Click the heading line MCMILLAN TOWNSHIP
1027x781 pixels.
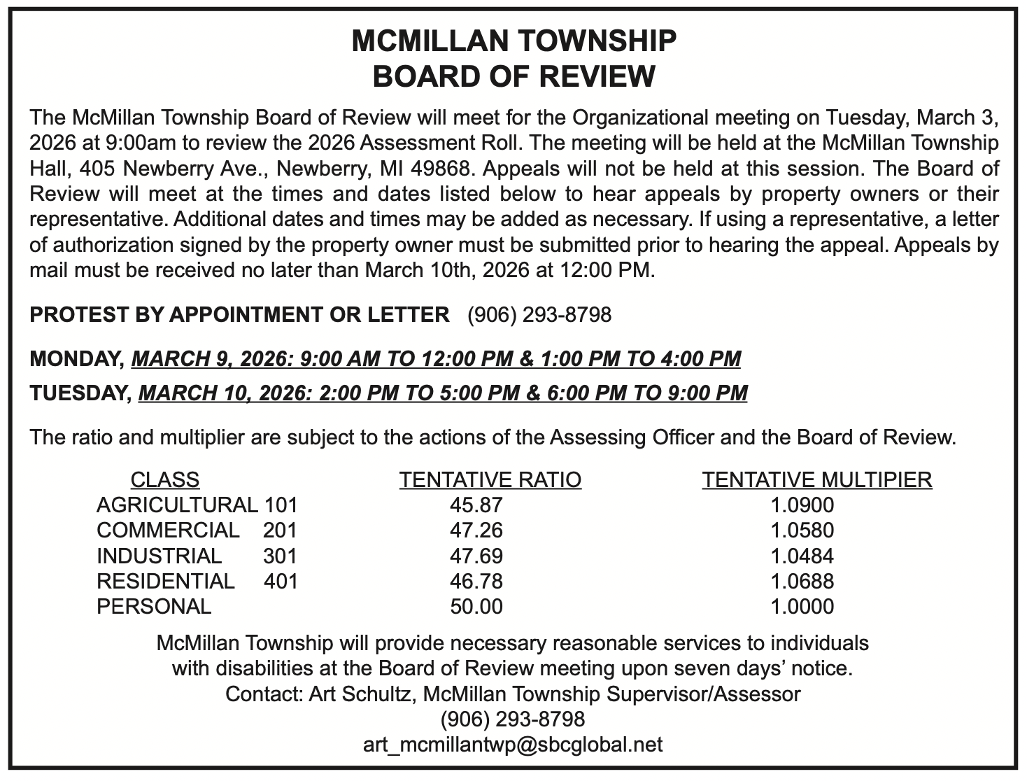pyautogui.click(x=513, y=41)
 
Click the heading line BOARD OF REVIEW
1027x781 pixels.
pyautogui.click(x=513, y=76)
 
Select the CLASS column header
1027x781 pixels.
pyautogui.click(x=164, y=479)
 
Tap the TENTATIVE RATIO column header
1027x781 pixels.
pyautogui.click(x=490, y=479)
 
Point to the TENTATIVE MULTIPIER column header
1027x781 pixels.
pyautogui.click(x=816, y=479)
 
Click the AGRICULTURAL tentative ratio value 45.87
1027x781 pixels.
pyautogui.click(x=476, y=505)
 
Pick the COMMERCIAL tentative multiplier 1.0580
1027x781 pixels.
pyautogui.click(x=802, y=530)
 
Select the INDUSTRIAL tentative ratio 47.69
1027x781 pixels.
pyautogui.click(x=476, y=556)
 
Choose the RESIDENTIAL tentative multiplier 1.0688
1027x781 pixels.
pyautogui.click(x=802, y=581)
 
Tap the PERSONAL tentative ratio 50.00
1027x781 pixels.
pyautogui.click(x=476, y=606)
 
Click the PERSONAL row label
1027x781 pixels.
pyautogui.click(x=154, y=606)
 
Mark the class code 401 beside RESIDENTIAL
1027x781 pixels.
pyautogui.click(x=281, y=581)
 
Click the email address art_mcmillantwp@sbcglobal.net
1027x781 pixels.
pyautogui.click(x=513, y=744)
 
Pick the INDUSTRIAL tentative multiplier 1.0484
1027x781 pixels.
pyautogui.click(x=802, y=556)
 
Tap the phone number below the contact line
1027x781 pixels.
pyautogui.click(x=513, y=719)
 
